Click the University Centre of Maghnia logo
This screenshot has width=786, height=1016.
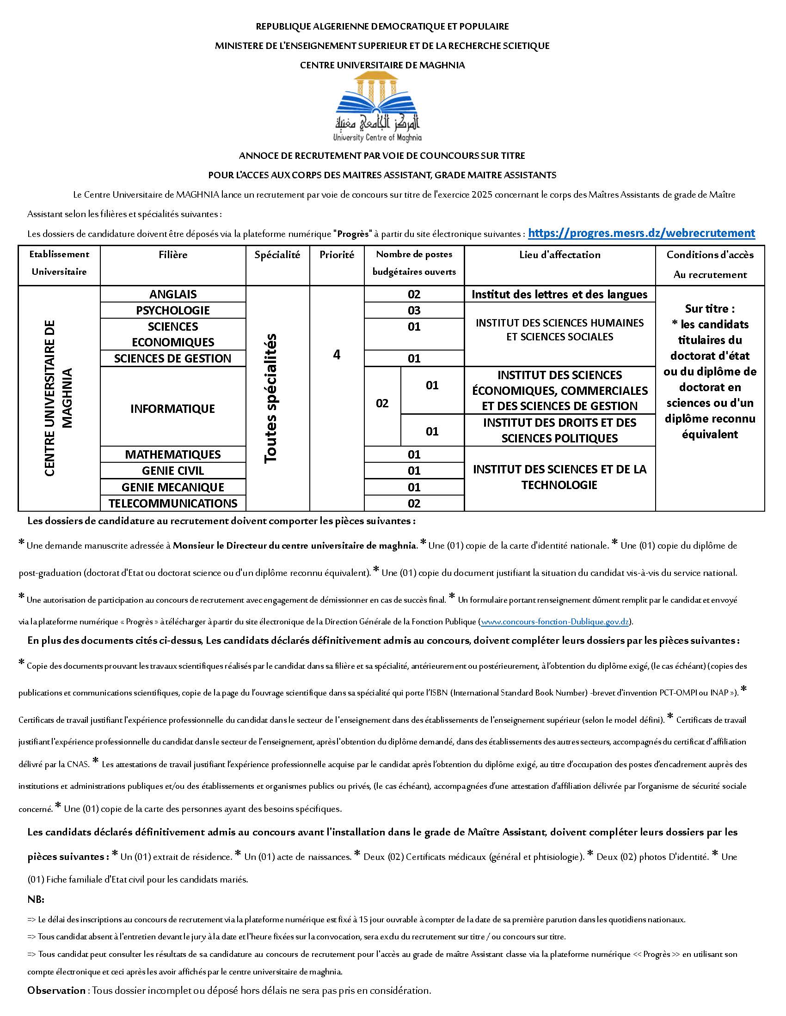[x=378, y=107]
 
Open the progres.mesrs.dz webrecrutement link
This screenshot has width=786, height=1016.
[x=641, y=233]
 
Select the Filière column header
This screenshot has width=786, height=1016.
[x=173, y=255]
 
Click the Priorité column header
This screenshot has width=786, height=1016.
[x=337, y=255]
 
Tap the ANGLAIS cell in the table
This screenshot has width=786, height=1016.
[x=173, y=294]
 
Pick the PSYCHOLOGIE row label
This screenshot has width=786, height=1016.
[x=173, y=310]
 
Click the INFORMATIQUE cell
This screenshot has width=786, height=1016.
[x=173, y=408]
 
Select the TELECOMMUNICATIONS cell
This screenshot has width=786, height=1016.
[x=173, y=503]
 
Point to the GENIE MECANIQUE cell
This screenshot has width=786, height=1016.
[x=173, y=487]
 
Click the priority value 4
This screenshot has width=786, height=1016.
[x=337, y=355]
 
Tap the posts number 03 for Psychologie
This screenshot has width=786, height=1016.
[x=414, y=310]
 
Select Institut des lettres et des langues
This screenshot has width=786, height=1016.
[x=559, y=294]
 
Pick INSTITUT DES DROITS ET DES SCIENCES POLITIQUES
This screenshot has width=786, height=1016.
[x=559, y=430]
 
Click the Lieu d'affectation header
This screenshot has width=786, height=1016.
[x=560, y=255]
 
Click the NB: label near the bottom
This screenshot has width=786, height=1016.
[x=36, y=899]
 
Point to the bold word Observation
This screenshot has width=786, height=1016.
[x=56, y=991]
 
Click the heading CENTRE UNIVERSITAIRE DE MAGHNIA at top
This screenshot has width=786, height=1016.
[x=382, y=65]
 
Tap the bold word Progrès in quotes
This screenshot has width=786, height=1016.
[x=353, y=234]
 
